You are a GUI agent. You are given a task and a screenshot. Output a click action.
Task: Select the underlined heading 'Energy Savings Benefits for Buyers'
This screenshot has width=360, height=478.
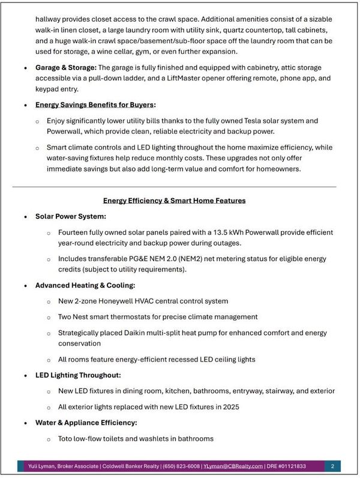pyautogui.click(x=104, y=105)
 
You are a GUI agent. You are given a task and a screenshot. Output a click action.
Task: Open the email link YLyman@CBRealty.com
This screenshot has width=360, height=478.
pyautogui.click(x=233, y=466)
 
